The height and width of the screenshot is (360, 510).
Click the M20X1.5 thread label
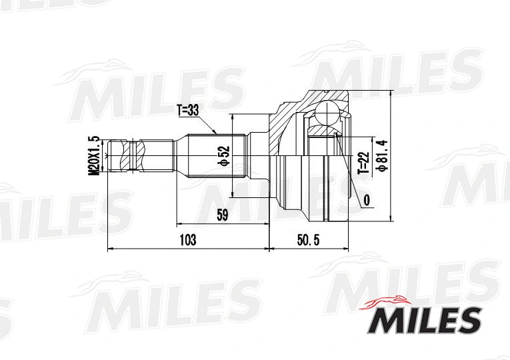tap(94, 155)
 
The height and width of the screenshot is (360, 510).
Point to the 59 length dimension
tap(222, 215)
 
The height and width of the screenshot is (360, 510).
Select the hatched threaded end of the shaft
tap(125, 155)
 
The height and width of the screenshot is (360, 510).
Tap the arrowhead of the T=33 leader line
tap(218, 133)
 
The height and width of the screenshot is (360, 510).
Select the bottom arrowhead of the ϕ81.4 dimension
tap(389, 220)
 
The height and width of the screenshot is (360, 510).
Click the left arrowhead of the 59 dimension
tap(178, 223)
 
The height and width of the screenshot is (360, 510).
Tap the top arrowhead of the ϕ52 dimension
tap(232, 116)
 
